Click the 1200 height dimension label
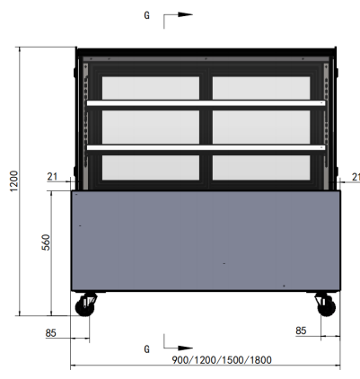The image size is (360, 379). coord(14,181)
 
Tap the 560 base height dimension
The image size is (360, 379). coord(46,242)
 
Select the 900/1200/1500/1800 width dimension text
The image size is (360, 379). coord(222,359)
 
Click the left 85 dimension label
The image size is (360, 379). coord(50,333)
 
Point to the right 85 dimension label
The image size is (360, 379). coord(301,331)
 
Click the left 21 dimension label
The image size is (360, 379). coord(52,177)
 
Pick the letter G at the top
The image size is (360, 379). coord(146,15)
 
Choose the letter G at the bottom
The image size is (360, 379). coord(146,349)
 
